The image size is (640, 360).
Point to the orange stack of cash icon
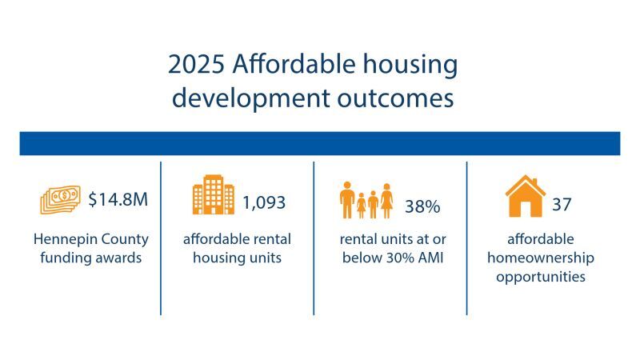click(60, 200)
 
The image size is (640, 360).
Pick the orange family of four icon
click(366, 201)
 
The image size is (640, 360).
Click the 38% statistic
click(422, 207)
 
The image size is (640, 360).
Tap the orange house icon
click(525, 196)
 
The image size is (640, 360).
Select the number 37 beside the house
click(562, 204)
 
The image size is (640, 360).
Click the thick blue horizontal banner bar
click(320, 143)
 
